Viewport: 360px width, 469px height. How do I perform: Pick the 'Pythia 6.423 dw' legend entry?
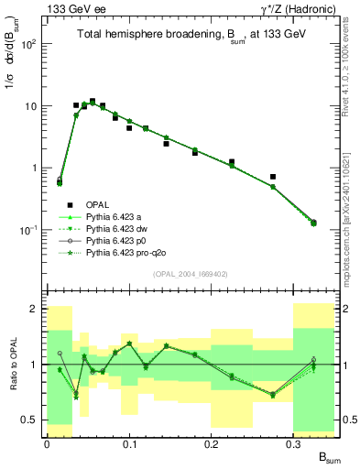click(x=120, y=254)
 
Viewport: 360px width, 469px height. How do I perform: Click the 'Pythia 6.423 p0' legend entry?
click(x=120, y=264)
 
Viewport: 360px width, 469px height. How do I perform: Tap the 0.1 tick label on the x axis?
click(x=129, y=443)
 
